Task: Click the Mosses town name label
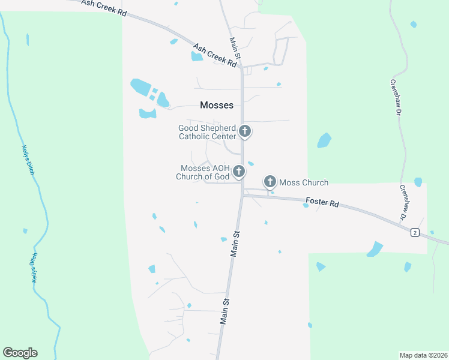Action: pos(216,105)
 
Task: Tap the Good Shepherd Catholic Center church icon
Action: pos(244,131)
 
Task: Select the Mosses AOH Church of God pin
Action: pos(238,172)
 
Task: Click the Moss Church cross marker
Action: pos(270,181)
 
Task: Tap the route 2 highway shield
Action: pos(414,232)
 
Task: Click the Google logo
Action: pos(20,353)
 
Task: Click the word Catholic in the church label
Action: pos(197,136)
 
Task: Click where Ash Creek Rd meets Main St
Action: pos(242,65)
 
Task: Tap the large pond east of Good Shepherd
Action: pos(324,140)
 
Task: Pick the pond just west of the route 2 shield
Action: pos(375,248)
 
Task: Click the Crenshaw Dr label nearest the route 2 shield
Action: pos(403,201)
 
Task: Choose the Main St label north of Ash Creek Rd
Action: pos(235,49)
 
